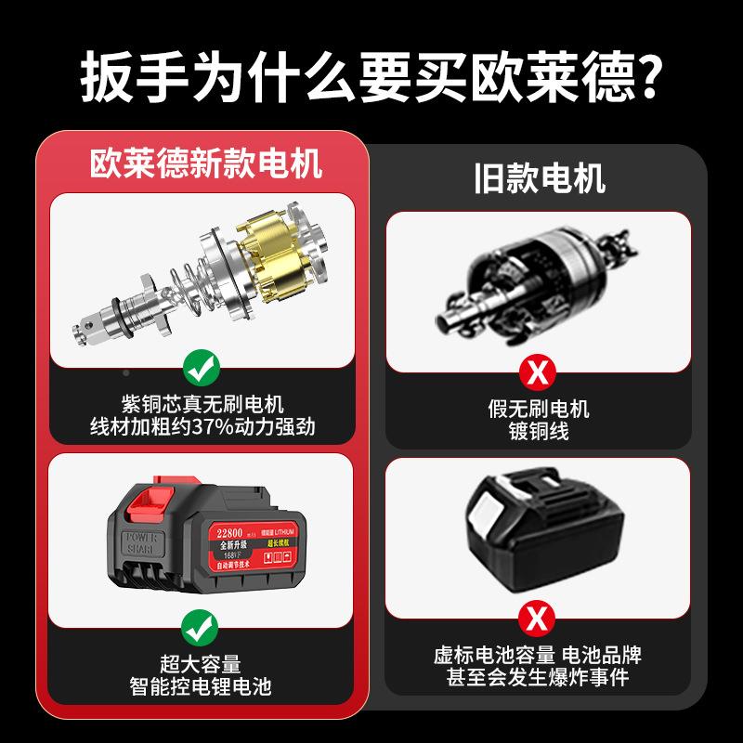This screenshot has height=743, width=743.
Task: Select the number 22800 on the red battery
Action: pos(228,533)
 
